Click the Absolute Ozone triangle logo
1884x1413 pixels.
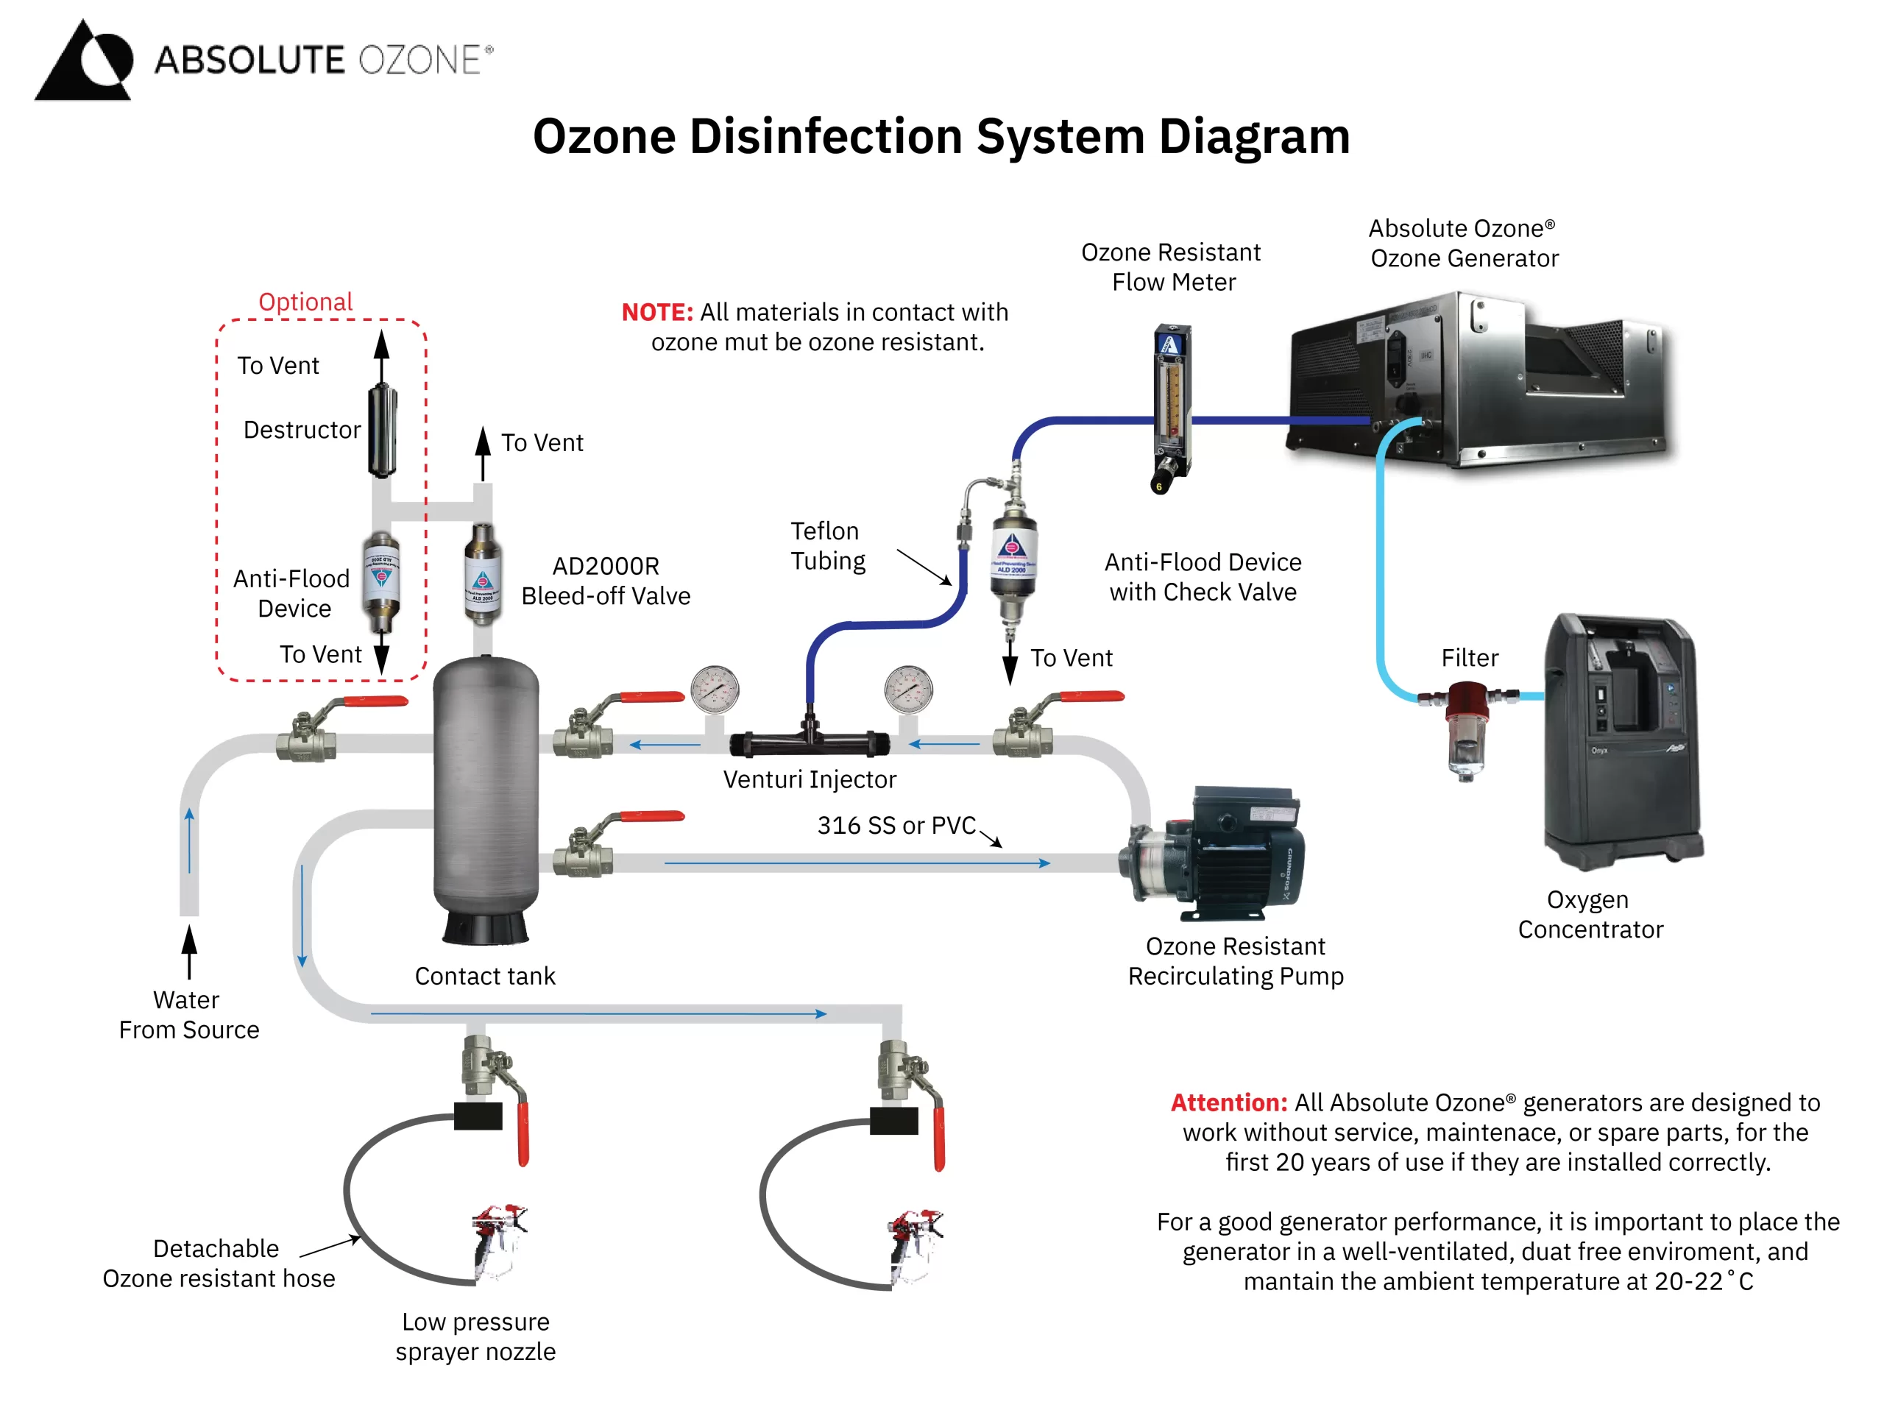pyautogui.click(x=83, y=61)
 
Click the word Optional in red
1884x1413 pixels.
pyautogui.click(x=305, y=302)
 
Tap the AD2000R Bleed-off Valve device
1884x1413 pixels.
pyautogui.click(x=482, y=574)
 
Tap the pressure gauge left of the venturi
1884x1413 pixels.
pyautogui.click(x=715, y=690)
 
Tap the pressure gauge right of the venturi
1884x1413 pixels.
pyautogui.click(x=908, y=690)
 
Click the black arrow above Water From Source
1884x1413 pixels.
pyautogui.click(x=189, y=949)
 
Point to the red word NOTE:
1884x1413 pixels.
pyautogui.click(x=656, y=313)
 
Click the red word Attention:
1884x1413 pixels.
pyautogui.click(x=1228, y=1103)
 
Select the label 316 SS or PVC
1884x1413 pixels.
pyautogui.click(x=896, y=825)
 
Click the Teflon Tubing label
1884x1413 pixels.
pyautogui.click(x=827, y=546)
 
